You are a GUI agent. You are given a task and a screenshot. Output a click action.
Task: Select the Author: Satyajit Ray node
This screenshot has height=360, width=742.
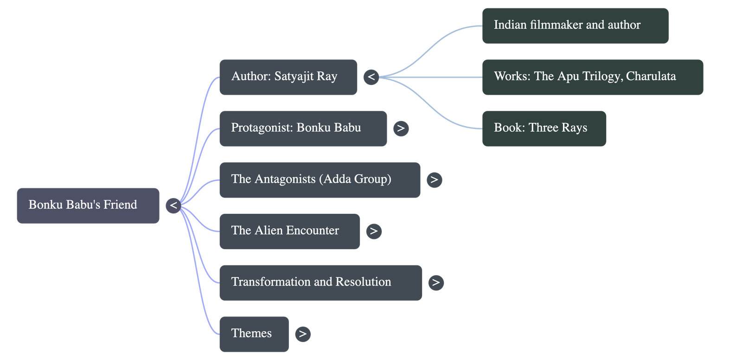tap(288, 77)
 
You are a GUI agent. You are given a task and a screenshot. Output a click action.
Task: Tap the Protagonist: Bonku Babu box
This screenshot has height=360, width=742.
tap(303, 129)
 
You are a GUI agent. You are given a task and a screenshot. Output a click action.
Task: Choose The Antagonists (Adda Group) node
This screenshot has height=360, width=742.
tap(320, 180)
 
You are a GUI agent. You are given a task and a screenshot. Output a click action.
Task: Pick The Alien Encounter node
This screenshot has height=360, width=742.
tap(289, 231)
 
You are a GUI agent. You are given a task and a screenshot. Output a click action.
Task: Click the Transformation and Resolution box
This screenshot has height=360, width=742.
tap(320, 283)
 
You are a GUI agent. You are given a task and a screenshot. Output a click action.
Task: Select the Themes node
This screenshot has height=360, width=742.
tap(254, 334)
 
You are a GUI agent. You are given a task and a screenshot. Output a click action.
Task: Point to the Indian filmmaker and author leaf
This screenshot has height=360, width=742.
tap(575, 26)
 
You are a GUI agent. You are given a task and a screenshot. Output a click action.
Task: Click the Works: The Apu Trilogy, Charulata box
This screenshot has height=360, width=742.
tap(592, 77)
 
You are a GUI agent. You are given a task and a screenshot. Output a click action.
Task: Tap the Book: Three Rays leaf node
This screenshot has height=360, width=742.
tap(544, 129)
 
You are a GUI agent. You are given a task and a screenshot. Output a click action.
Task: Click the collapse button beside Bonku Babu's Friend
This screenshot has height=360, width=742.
tap(173, 205)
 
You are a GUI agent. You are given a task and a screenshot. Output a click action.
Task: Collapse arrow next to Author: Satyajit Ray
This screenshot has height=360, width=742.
tap(371, 77)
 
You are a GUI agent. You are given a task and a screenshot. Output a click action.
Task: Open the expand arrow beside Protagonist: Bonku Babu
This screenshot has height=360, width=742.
tap(401, 129)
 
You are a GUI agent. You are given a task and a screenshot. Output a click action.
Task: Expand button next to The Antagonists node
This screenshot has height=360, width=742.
tap(434, 180)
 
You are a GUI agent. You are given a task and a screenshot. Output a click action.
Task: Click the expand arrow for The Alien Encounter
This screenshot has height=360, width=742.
tap(374, 231)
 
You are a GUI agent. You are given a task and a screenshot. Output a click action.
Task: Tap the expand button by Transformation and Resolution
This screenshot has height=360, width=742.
tap(436, 283)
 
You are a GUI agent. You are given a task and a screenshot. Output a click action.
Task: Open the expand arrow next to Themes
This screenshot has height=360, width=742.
tap(302, 334)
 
